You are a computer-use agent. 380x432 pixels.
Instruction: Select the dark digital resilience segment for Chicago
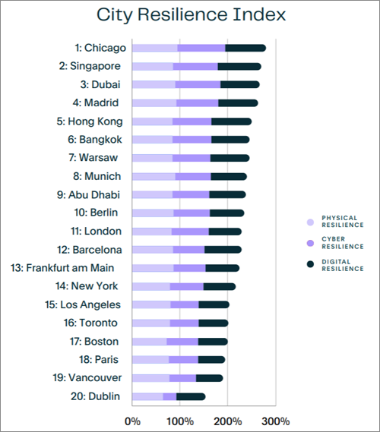pyautogui.click(x=245, y=48)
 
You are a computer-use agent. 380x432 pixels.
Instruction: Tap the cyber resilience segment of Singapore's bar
pyautogui.click(x=195, y=66)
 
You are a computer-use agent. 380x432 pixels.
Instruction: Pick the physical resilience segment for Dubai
pyautogui.click(x=154, y=84)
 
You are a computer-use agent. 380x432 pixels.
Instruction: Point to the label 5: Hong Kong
pyautogui.click(x=90, y=121)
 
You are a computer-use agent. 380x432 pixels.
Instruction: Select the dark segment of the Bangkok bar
pyautogui.click(x=230, y=139)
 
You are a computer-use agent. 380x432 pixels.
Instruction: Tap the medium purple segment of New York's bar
pyautogui.click(x=186, y=286)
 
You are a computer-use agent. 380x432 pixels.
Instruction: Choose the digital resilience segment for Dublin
pyautogui.click(x=191, y=396)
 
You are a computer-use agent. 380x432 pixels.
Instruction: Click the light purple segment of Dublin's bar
pyautogui.click(x=147, y=396)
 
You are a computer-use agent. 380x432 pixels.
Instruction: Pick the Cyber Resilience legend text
pyautogui.click(x=343, y=242)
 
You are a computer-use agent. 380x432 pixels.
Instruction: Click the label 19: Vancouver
pyautogui.click(x=85, y=377)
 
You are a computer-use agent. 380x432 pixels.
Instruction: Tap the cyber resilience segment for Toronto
pyautogui.click(x=184, y=323)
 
